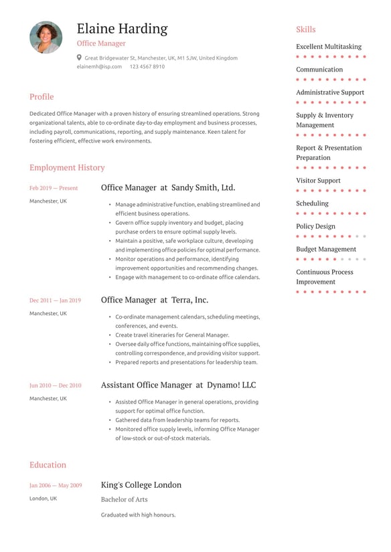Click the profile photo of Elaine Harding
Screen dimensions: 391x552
pos(46,37)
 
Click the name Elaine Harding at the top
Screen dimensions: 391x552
pos(122,29)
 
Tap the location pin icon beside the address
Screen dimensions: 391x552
pos(79,58)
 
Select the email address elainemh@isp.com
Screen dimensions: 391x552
pos(99,67)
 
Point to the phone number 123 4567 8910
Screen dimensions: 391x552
pos(147,67)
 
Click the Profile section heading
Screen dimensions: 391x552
pos(42,96)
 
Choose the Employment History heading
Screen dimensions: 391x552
pos(67,167)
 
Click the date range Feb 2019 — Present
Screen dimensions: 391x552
pos(54,188)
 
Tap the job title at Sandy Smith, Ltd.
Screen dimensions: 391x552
pos(167,188)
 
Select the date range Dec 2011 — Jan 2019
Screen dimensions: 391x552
pos(55,300)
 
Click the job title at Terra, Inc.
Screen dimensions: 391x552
pos(154,300)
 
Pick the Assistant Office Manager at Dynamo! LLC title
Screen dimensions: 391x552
pos(178,385)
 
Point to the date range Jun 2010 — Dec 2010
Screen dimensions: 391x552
pos(55,385)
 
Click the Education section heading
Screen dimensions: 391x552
pos(48,464)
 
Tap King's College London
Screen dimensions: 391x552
pos(141,485)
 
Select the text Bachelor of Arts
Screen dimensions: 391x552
pos(124,499)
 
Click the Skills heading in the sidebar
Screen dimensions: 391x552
pos(305,29)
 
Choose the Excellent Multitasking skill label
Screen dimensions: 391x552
pos(328,47)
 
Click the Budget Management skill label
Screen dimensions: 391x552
pos(326,249)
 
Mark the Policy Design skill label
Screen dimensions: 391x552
pos(315,226)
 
